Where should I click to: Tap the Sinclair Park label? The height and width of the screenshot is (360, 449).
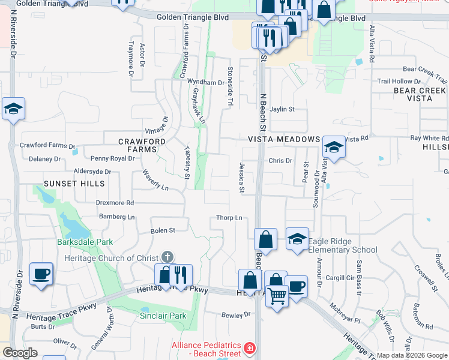click(x=163, y=316)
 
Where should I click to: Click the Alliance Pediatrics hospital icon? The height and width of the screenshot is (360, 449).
click(x=249, y=348)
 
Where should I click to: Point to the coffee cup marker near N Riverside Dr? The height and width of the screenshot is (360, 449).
click(x=41, y=274)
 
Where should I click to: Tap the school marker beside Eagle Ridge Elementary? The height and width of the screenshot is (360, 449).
click(x=297, y=239)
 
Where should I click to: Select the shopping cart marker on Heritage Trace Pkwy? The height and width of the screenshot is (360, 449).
click(x=276, y=295)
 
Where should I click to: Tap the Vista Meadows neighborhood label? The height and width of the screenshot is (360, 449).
click(x=284, y=139)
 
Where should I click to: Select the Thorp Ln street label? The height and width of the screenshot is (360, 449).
click(x=229, y=218)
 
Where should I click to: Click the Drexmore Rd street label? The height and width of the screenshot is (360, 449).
click(x=115, y=203)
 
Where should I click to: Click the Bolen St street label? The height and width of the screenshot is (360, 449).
click(x=163, y=230)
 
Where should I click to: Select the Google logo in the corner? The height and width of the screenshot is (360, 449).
click(x=20, y=353)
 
